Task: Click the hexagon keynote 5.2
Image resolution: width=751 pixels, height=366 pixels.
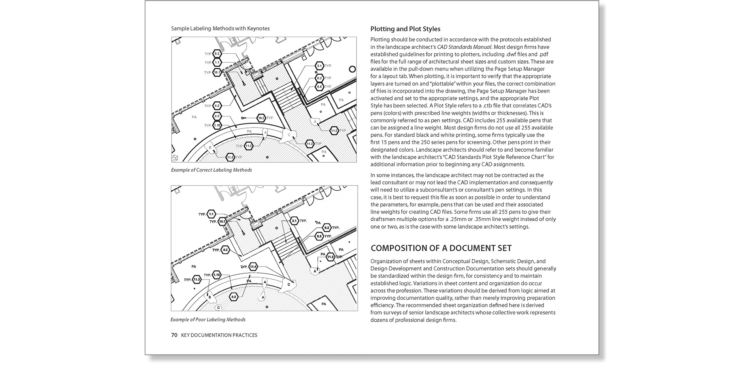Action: point(217,54)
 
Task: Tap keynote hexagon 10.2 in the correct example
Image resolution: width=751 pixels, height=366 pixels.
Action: point(261,118)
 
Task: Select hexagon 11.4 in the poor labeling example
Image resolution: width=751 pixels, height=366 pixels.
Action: point(253,267)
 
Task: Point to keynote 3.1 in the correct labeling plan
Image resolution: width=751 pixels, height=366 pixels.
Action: point(319,66)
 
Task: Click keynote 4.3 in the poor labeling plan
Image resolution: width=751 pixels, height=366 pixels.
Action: point(234,297)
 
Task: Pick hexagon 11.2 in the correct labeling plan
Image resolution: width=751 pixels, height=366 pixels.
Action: point(334,131)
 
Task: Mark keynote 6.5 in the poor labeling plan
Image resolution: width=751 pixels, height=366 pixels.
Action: point(319,236)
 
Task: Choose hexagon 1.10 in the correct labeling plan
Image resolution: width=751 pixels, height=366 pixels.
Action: point(217,126)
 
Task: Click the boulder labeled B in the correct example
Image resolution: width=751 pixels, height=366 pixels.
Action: point(211,148)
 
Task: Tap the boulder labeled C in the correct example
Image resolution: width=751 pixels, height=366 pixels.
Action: point(289,135)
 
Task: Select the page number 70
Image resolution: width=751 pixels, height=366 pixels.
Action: point(174,335)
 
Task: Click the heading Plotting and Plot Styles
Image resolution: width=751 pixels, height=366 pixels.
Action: point(405,29)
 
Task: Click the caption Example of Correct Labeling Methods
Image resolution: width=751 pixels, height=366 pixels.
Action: point(211,170)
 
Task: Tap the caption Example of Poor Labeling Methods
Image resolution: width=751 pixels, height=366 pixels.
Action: point(208,320)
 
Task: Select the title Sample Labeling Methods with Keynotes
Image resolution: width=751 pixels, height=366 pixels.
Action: point(220,28)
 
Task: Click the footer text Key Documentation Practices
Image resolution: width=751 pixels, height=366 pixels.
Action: point(219,335)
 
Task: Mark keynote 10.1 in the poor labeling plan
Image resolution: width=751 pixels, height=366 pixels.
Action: point(223,221)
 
